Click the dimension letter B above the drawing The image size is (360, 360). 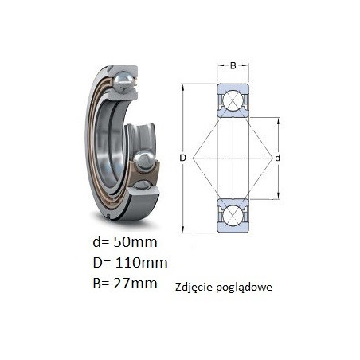point(233,65)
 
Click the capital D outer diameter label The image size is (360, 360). point(182,158)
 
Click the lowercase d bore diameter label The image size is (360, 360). point(277,158)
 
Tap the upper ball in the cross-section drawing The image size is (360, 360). point(233,100)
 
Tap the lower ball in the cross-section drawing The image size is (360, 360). point(233,216)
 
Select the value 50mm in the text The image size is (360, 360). point(135,242)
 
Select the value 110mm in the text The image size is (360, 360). point(141,263)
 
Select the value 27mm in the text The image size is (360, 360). point(135,283)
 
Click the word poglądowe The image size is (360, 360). point(245,288)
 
